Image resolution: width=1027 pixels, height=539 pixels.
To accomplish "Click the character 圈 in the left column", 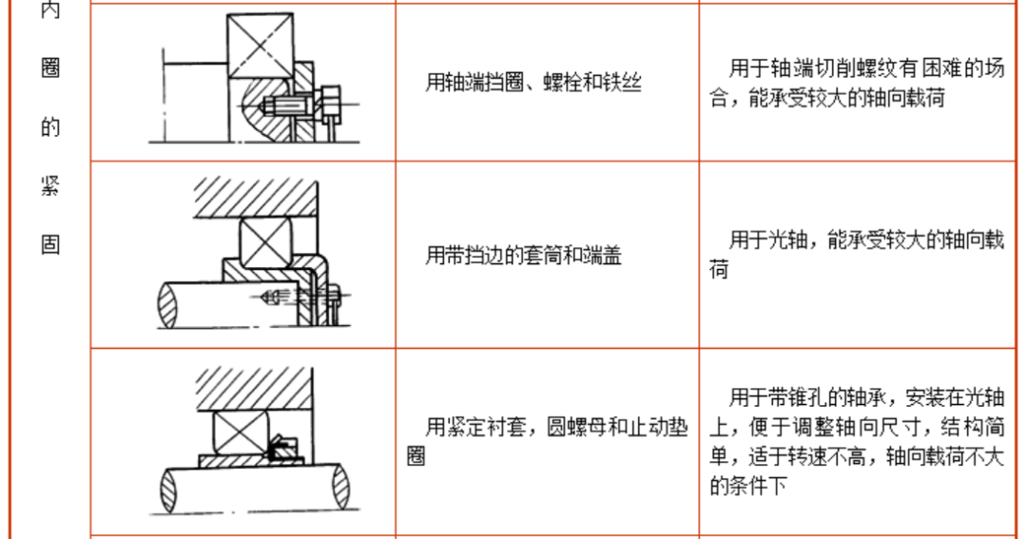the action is (50, 69).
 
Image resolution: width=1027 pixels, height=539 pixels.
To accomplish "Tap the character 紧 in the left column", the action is (50, 185).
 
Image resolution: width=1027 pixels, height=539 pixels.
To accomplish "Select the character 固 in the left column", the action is (50, 243).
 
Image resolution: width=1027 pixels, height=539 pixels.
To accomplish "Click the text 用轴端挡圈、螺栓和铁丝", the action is (533, 83).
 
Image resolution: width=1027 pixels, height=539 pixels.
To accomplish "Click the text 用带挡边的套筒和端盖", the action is (523, 255).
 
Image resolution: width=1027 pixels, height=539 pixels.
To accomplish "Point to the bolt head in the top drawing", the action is (331, 102).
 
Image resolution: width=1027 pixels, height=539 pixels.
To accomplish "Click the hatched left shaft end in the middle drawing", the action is (168, 306).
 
